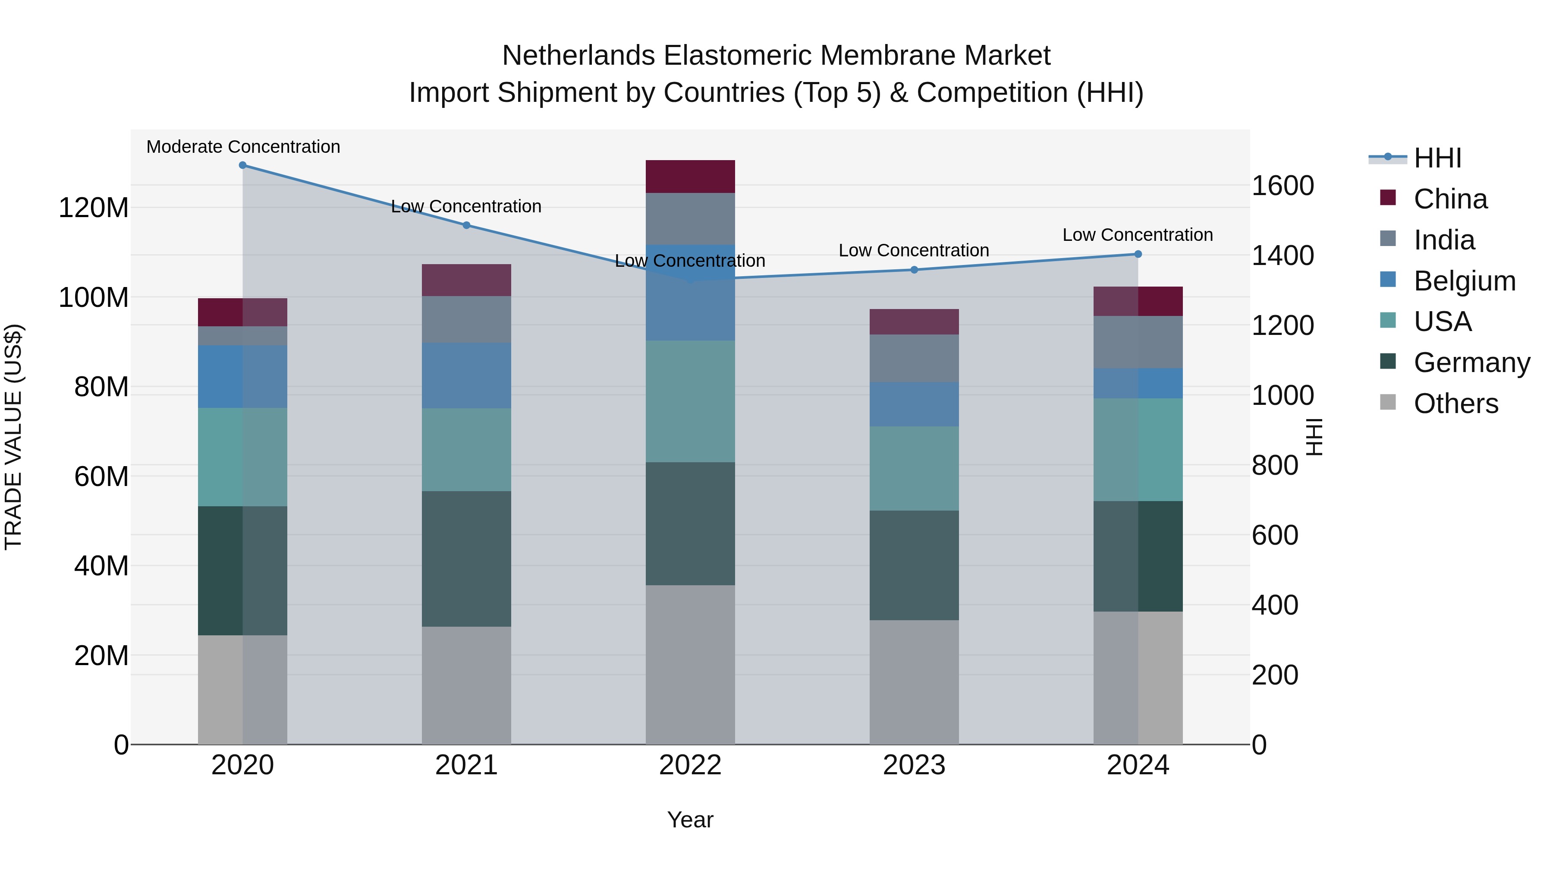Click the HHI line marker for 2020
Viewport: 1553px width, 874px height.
(242, 165)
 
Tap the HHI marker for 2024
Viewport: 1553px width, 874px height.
(1138, 254)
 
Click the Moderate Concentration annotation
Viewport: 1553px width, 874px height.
(243, 147)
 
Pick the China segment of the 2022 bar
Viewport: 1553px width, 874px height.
(690, 177)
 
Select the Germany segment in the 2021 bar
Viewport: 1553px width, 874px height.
(466, 558)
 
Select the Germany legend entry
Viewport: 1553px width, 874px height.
(1471, 363)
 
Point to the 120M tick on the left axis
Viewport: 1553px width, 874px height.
(94, 208)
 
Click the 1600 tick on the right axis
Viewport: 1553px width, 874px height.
(1283, 186)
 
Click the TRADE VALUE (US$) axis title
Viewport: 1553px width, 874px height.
(13, 437)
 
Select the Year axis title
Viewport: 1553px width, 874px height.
(690, 820)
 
